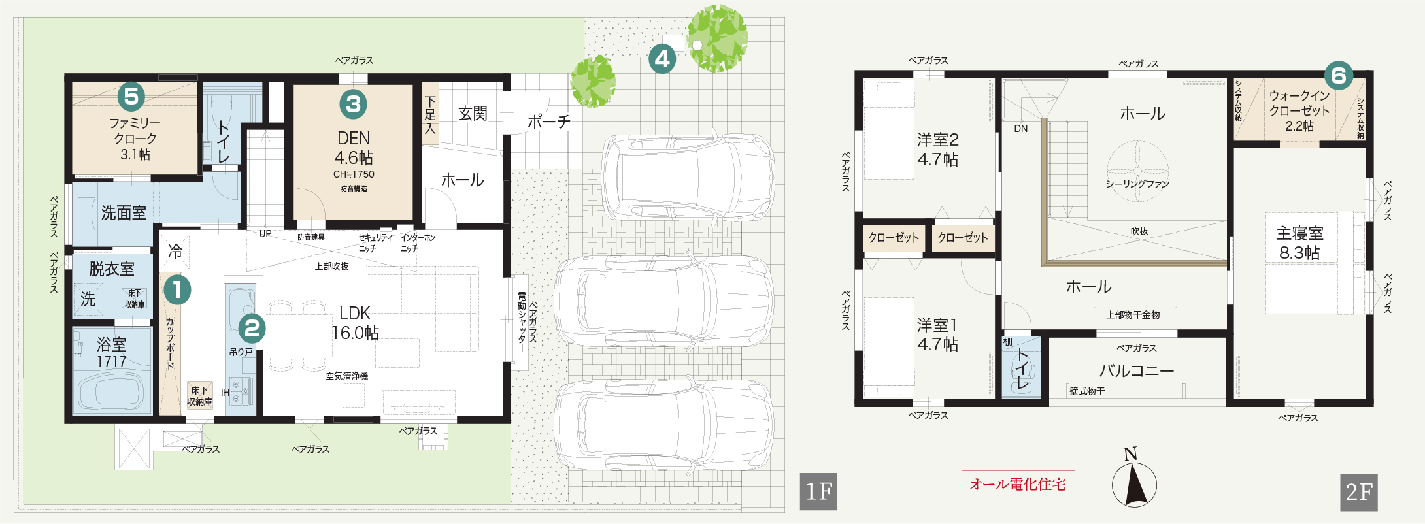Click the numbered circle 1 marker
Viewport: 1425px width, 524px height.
pos(177,290)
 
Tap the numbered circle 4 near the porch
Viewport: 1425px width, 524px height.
pos(662,59)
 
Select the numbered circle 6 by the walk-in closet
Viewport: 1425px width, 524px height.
pos(1338,76)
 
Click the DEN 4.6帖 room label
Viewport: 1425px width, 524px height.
pos(354,148)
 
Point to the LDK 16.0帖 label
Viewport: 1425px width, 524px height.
pos(355,323)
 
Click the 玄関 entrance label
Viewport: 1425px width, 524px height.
pos(473,114)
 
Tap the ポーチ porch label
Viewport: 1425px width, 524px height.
pos(548,122)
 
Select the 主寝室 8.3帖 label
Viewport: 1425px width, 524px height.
pos(1299,243)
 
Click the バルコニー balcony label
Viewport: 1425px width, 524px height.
pos(1136,371)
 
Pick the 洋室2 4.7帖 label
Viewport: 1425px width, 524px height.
pos(938,150)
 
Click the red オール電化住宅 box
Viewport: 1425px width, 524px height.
pos(1018,485)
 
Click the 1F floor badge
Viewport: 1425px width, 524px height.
pos(818,492)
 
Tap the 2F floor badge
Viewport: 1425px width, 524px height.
pos(1359,492)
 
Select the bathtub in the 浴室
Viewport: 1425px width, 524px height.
pos(111,390)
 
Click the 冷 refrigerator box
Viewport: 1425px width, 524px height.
pos(175,250)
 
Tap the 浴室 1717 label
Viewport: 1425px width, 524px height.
pos(111,352)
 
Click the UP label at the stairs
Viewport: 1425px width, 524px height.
pos(265,234)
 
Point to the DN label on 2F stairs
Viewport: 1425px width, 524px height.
pos(1020,129)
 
